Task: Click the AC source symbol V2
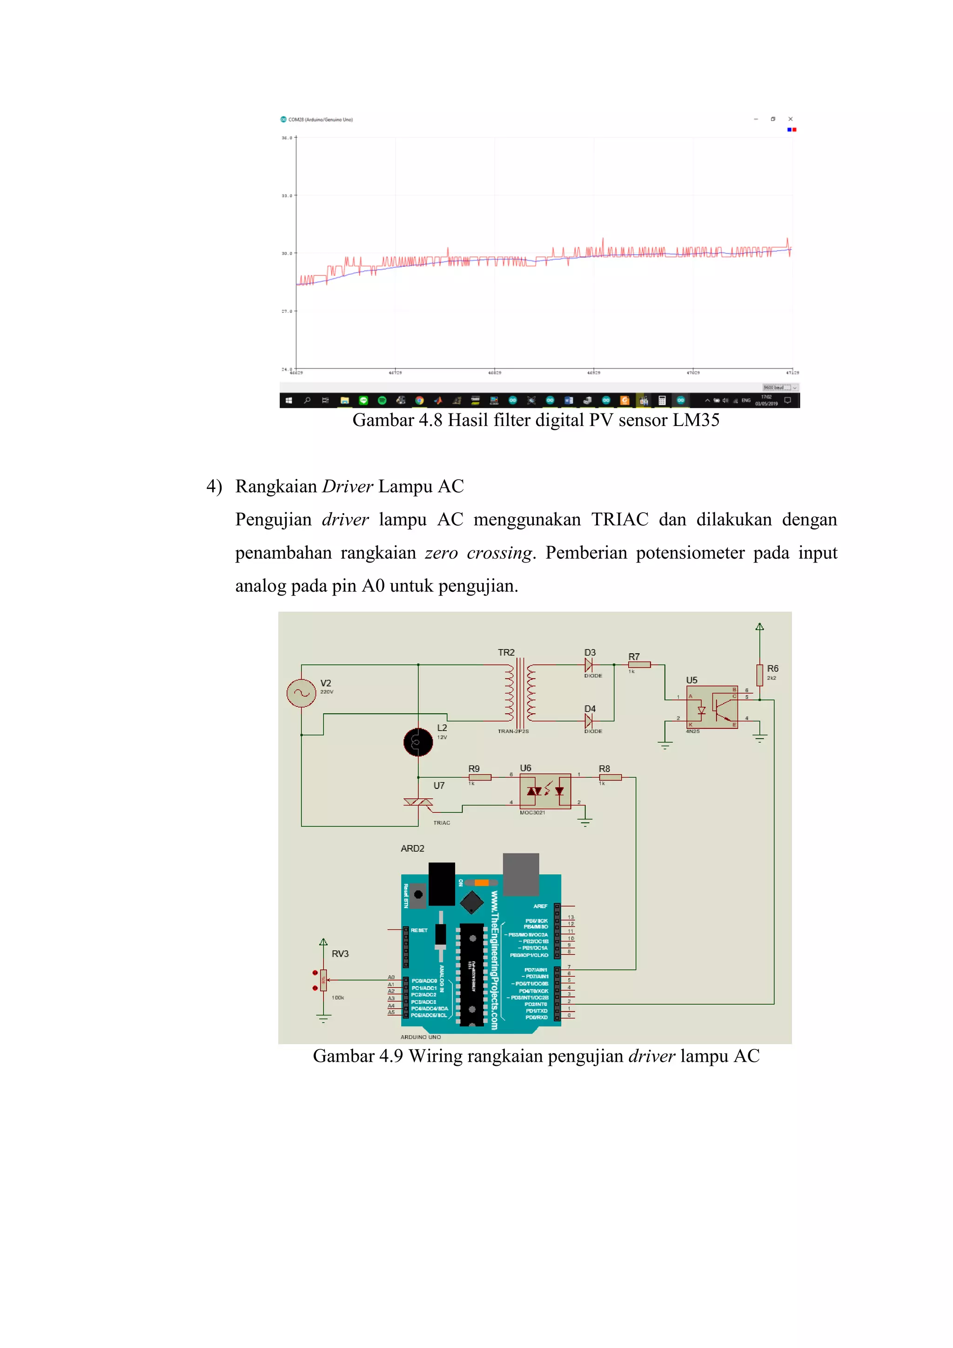tap(301, 693)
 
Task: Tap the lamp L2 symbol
tap(418, 742)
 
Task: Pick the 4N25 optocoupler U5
tap(712, 707)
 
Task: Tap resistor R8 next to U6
tap(611, 777)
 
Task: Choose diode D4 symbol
tap(589, 720)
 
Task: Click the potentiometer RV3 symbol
tap(323, 979)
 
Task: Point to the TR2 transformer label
tap(506, 652)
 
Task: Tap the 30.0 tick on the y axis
tap(286, 254)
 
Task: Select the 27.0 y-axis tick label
tap(286, 311)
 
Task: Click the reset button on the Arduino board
tap(418, 894)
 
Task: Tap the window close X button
tap(791, 119)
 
